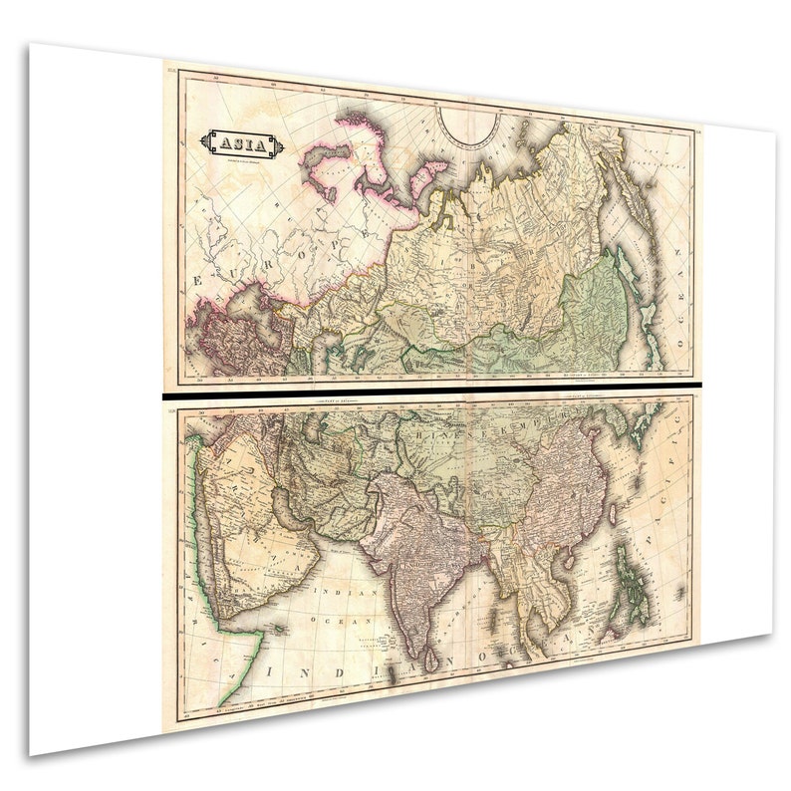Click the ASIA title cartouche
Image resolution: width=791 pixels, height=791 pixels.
(x=242, y=144)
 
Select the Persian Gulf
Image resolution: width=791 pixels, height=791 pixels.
(x=299, y=518)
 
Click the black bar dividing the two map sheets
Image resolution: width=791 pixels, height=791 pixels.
(x=428, y=392)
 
